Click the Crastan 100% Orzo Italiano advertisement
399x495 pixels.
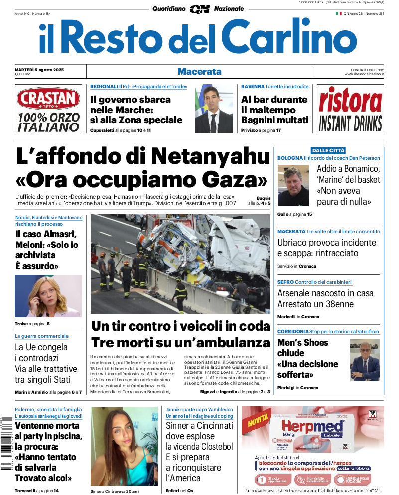[48, 109]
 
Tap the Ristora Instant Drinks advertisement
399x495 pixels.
[350, 109]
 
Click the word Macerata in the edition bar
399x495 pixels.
[199, 71]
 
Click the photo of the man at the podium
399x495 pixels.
[214, 109]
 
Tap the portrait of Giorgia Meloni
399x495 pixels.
[48, 296]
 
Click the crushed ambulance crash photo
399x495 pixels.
[180, 263]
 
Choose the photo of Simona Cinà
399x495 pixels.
[124, 446]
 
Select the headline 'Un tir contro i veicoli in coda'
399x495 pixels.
[180, 327]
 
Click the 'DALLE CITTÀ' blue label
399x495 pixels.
[328, 150]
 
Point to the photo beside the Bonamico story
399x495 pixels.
[293, 185]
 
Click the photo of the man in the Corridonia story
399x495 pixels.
[365, 360]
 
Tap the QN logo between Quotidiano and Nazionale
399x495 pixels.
[199, 9]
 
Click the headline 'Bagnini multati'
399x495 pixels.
[274, 120]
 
